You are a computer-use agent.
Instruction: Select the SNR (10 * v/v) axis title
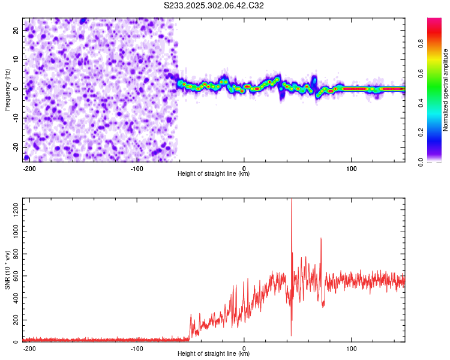[7, 270]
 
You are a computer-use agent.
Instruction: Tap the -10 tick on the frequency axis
[16, 118]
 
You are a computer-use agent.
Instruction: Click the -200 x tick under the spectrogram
[29, 167]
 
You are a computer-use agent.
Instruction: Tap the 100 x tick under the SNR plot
[351, 347]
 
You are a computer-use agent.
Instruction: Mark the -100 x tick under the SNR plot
[136, 347]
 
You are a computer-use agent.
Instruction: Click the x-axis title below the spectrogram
[214, 174]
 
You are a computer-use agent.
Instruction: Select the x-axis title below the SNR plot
[214, 354]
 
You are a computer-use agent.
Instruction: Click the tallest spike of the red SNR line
[292, 201]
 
